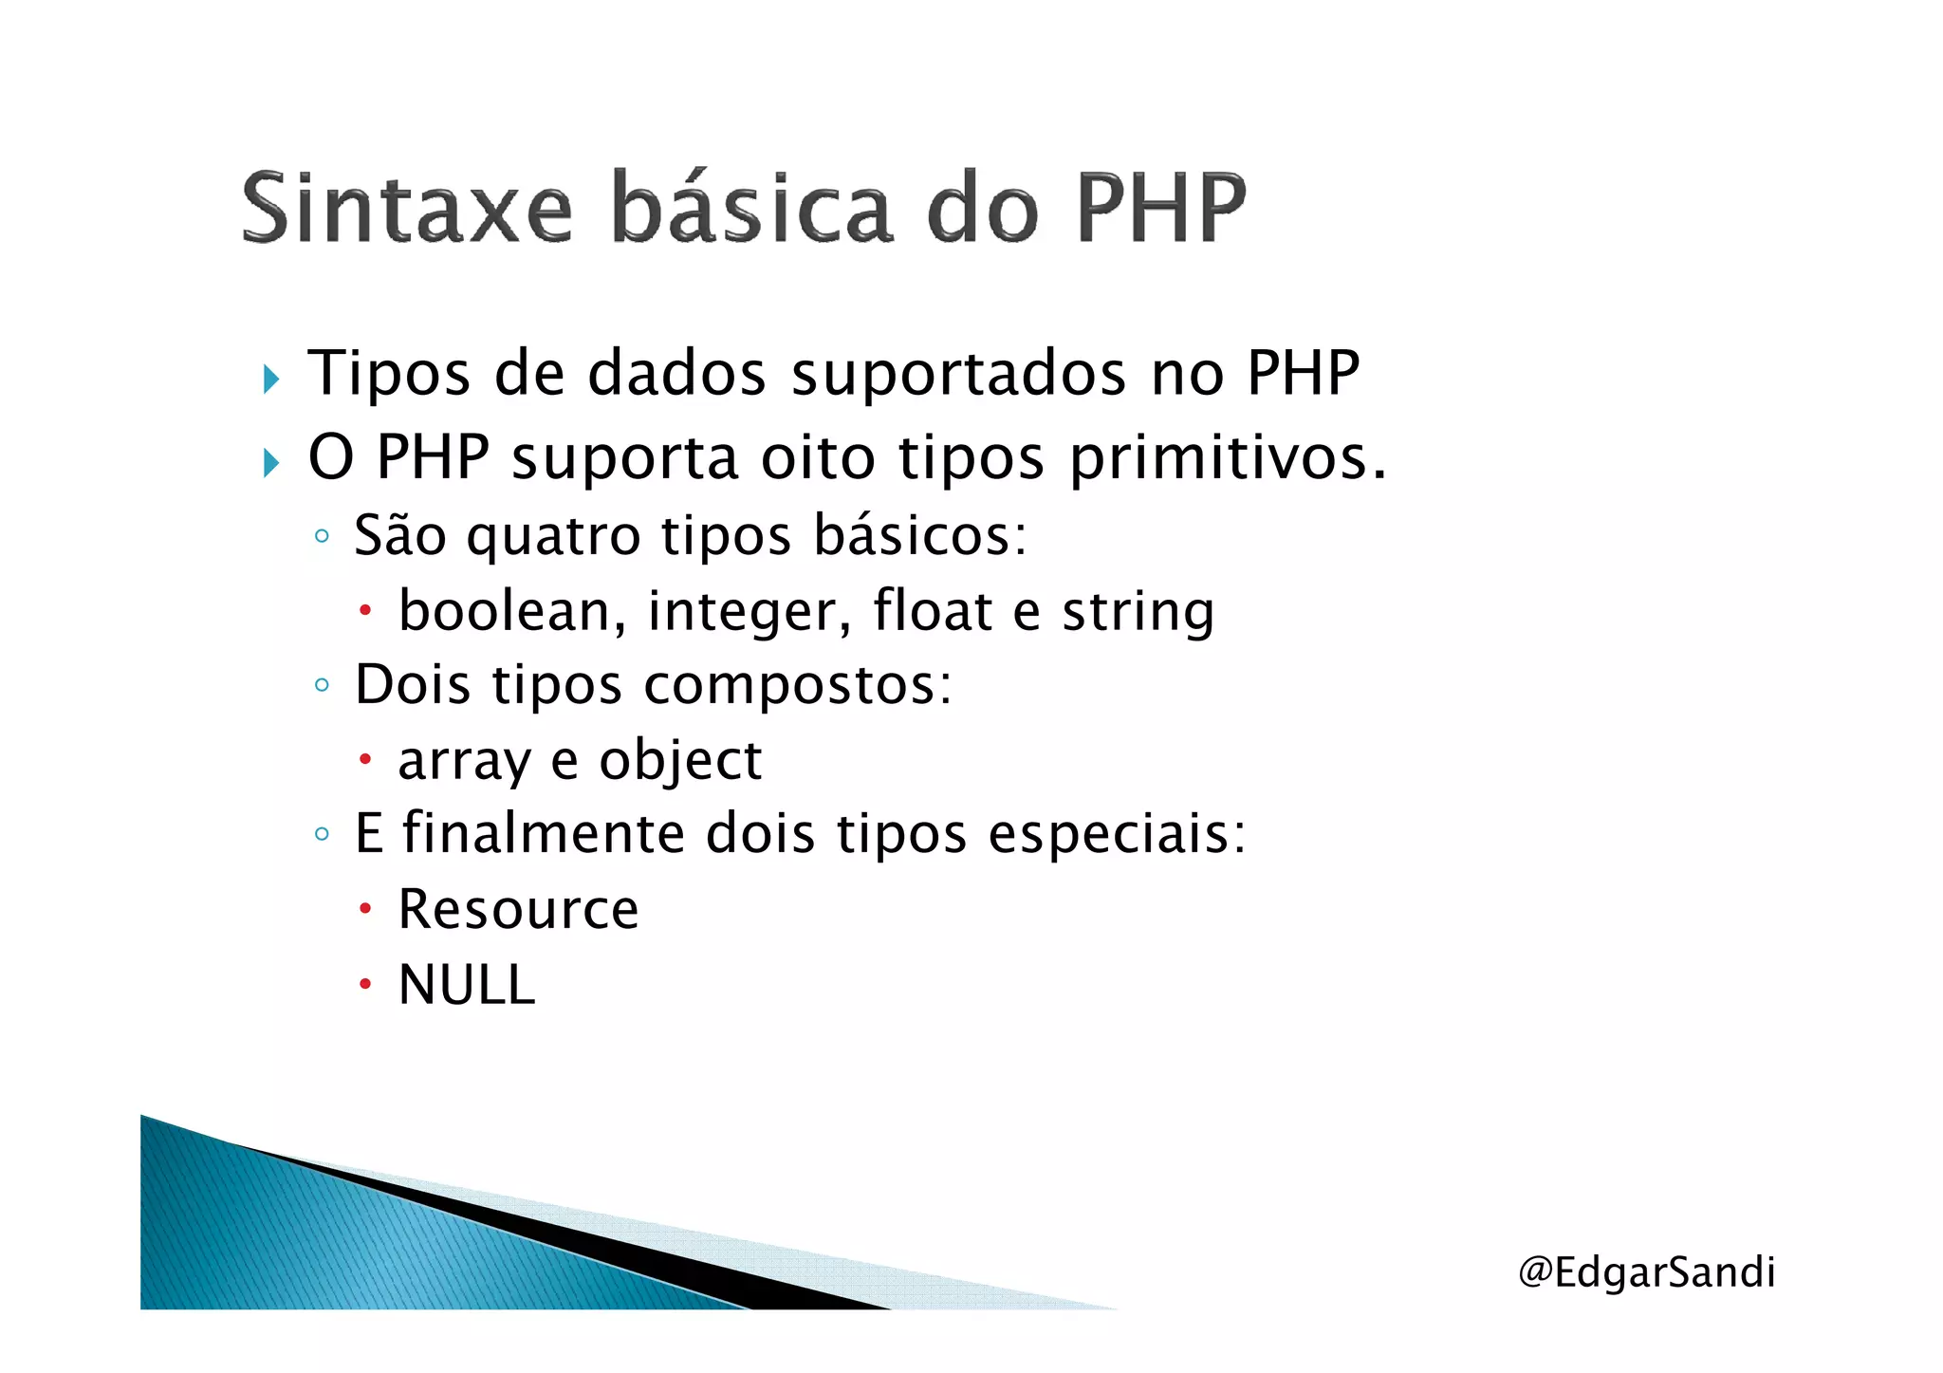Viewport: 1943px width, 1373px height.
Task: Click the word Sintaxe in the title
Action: click(x=407, y=207)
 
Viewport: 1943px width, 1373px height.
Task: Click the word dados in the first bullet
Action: click(x=676, y=373)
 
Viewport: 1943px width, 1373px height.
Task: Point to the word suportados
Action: click(x=959, y=373)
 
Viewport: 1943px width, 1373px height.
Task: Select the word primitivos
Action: click(x=1227, y=457)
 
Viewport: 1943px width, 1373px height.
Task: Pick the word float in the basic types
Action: click(x=932, y=610)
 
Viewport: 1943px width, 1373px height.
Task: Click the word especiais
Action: click(x=1116, y=834)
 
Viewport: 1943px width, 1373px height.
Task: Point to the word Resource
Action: click(x=518, y=909)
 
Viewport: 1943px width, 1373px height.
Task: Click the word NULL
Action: click(x=467, y=985)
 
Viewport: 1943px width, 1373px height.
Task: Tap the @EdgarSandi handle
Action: click(x=1646, y=1271)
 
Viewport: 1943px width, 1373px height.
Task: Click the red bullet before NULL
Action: click(x=365, y=985)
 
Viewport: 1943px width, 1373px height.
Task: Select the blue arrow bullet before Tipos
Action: click(x=271, y=380)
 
